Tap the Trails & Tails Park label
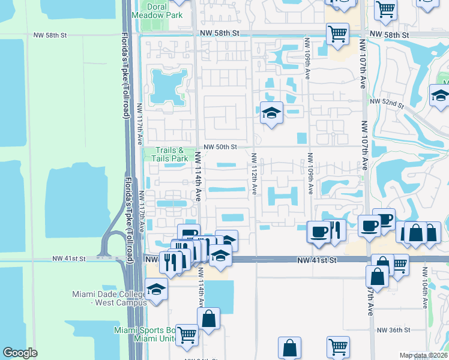click(166, 154)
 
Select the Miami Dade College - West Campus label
click(109, 298)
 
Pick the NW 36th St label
click(393, 330)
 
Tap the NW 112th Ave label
click(255, 173)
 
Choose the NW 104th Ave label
click(424, 296)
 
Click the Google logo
click(20, 353)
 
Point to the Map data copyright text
click(424, 355)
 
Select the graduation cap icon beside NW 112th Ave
click(271, 112)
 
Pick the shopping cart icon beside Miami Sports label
click(187, 334)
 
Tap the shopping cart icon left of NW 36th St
click(338, 346)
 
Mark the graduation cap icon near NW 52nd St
click(440, 95)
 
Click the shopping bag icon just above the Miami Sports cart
click(208, 319)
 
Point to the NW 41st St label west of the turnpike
click(69, 258)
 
